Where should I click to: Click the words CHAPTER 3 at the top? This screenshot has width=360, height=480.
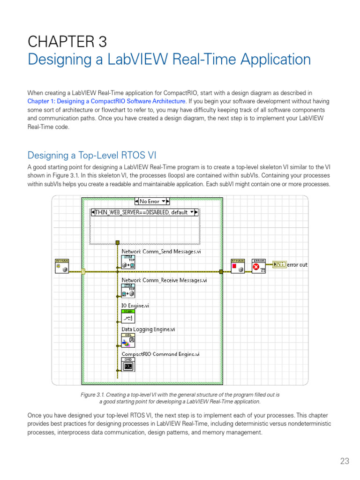click(67, 42)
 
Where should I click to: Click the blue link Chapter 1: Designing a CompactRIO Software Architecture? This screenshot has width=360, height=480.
click(107, 101)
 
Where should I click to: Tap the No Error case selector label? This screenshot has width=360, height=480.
click(150, 201)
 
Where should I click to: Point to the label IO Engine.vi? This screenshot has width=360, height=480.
click(135, 306)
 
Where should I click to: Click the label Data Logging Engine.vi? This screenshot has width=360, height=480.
click(148, 330)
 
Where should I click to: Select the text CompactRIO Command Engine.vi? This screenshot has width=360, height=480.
click(160, 354)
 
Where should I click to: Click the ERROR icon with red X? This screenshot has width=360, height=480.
click(259, 265)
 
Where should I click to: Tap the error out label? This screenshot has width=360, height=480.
click(297, 265)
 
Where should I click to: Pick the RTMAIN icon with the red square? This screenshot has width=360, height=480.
click(238, 265)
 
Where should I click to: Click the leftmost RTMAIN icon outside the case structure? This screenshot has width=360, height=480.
click(62, 266)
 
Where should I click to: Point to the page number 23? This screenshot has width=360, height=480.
click(345, 461)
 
